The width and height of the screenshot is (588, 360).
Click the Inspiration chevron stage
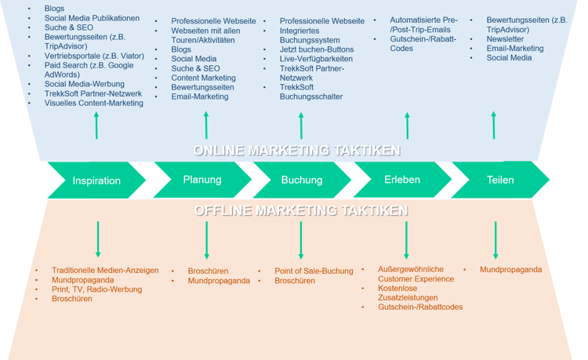(96, 180)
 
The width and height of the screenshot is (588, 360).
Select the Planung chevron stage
(202, 180)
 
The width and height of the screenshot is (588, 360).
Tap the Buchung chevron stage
(302, 180)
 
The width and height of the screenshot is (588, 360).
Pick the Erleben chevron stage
(402, 180)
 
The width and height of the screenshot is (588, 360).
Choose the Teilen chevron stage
(500, 180)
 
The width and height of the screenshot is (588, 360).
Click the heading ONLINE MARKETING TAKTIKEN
(297, 151)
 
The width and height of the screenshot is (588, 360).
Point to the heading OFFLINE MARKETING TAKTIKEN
(300, 210)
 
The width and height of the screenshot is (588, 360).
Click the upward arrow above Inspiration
(96, 125)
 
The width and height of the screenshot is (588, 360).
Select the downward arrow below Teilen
(495, 239)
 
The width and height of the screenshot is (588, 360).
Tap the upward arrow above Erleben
(407, 125)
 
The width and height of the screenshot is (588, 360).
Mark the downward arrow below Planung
(207, 239)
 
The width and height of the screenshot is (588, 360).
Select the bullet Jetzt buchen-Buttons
(316, 49)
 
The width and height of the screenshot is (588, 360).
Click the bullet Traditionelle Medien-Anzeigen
(105, 270)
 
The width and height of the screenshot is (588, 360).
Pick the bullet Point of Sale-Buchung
(314, 271)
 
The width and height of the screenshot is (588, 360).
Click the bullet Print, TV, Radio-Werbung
(96, 289)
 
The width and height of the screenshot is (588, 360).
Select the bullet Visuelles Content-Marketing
(94, 103)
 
